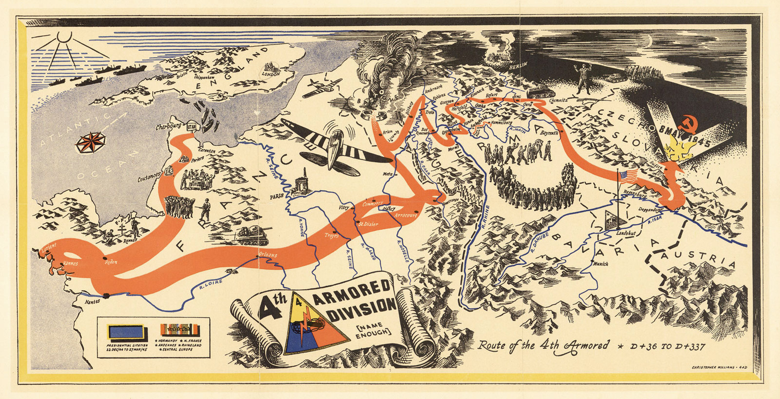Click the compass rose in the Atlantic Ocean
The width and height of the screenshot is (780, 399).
point(91,142)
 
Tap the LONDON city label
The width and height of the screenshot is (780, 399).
point(271,74)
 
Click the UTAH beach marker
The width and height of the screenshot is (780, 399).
point(191,125)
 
